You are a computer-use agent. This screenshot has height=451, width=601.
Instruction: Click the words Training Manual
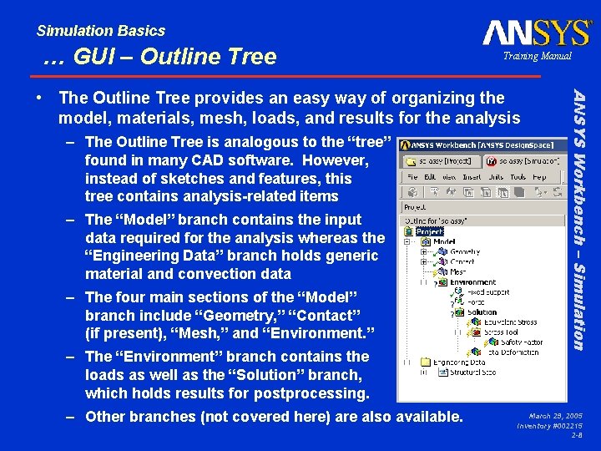click(537, 56)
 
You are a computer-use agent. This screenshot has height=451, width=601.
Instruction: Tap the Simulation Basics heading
click(101, 31)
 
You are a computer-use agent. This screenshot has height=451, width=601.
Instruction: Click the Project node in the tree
click(429, 231)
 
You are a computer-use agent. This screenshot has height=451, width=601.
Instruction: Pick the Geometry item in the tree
click(464, 251)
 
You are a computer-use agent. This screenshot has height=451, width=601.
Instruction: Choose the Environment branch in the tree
click(472, 282)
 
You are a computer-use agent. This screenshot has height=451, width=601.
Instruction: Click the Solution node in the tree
click(482, 312)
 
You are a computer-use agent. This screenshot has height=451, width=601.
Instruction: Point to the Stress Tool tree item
click(499, 332)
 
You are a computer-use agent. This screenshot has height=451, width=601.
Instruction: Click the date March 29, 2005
click(556, 415)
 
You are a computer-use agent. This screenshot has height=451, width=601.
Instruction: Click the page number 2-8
click(576, 435)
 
